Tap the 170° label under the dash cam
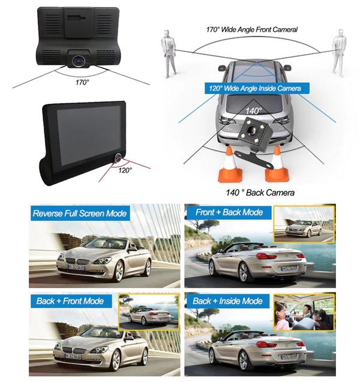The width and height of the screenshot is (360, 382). tap(82, 82)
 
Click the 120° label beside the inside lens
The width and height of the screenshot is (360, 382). tap(125, 170)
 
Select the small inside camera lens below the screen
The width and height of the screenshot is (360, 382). tap(118, 157)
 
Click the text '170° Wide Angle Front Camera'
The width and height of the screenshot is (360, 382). tap(252, 29)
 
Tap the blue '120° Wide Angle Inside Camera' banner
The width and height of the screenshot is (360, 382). tap(257, 88)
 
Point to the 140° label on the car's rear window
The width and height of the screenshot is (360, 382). tap(253, 111)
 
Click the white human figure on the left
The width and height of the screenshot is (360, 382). tap(169, 53)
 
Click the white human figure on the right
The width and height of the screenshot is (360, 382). tap(339, 53)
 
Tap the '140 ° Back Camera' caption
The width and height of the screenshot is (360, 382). tap(260, 192)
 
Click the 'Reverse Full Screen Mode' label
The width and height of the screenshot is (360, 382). tap(80, 213)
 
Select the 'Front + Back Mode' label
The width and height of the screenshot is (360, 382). tap(229, 212)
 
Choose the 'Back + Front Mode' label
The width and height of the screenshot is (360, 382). tap(70, 301)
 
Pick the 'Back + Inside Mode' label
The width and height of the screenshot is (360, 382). tap(227, 301)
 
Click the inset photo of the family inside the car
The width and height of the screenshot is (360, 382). tap(304, 312)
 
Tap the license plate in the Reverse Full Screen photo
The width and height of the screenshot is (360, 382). tap(76, 267)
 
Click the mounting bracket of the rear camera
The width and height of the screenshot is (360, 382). tap(255, 158)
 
